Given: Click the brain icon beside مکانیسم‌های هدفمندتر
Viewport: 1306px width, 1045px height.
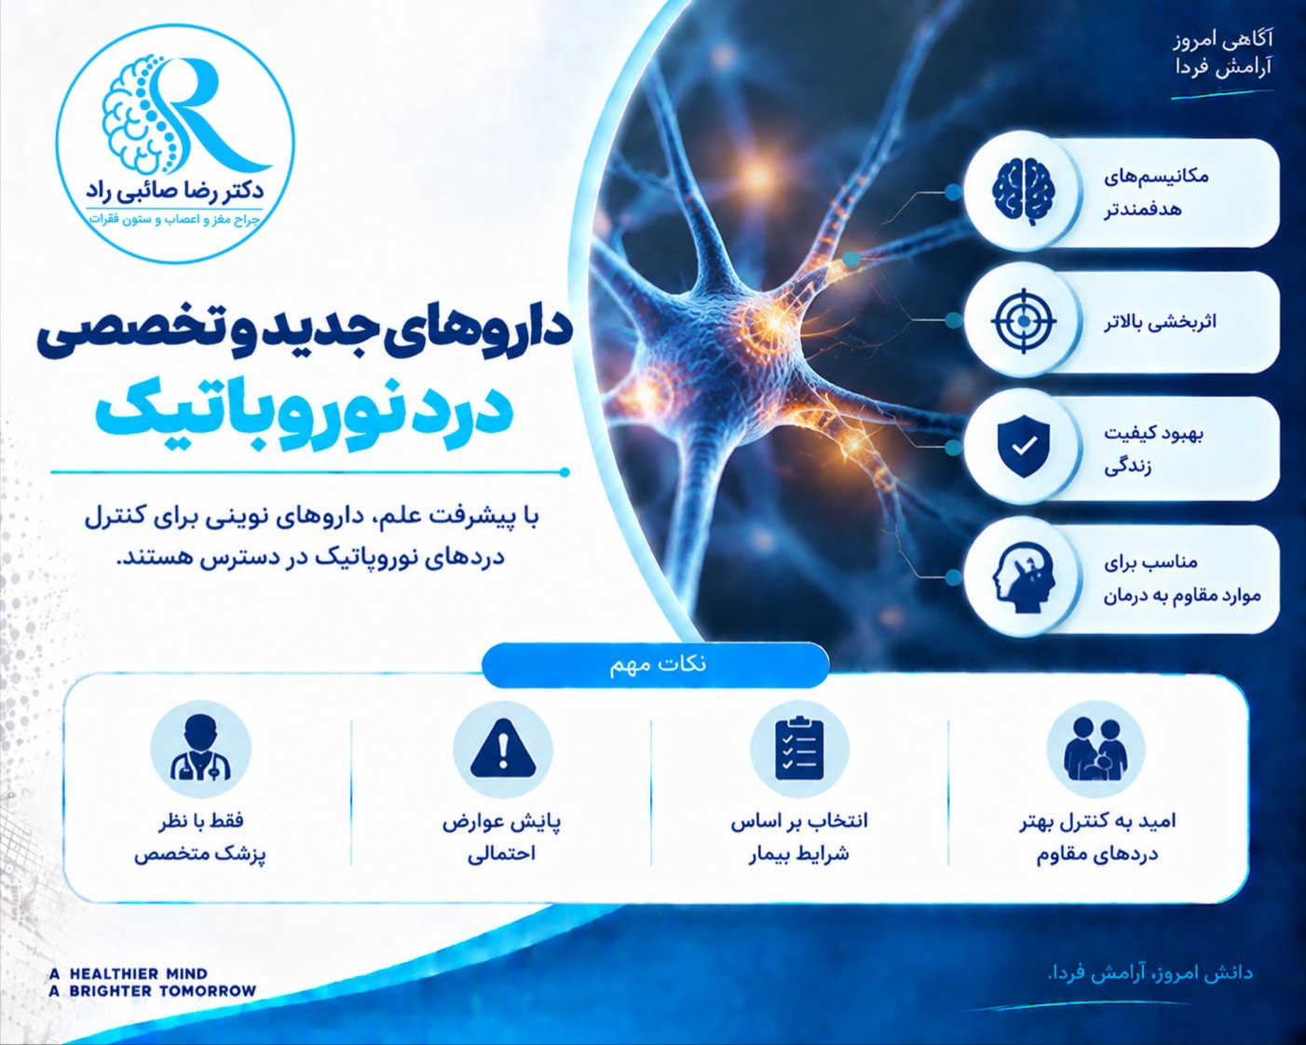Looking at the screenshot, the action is tap(1024, 193).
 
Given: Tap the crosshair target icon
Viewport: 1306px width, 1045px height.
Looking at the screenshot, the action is tap(1024, 320).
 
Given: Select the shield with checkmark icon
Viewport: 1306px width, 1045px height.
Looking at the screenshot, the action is tap(1024, 446).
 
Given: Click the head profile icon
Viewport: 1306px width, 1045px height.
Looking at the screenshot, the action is tap(1024, 576).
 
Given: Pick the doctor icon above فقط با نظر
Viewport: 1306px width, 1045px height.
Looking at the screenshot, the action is tap(200, 748).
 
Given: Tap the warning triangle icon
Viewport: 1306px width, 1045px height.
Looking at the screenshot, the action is tap(502, 748).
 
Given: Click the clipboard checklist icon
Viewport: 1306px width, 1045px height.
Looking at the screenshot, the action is tap(799, 748).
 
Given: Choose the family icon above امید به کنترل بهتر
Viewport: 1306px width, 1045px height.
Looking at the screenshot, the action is tap(1096, 749).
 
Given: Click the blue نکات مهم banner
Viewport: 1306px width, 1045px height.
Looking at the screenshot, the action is tap(656, 664).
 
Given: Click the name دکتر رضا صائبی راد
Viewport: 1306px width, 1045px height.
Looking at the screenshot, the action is tap(175, 193).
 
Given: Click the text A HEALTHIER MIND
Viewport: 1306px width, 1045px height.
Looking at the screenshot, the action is tap(129, 974).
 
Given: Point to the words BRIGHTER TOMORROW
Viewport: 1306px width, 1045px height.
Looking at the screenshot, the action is tap(163, 992).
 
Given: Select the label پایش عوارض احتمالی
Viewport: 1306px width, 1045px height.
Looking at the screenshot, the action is tap(502, 838).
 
